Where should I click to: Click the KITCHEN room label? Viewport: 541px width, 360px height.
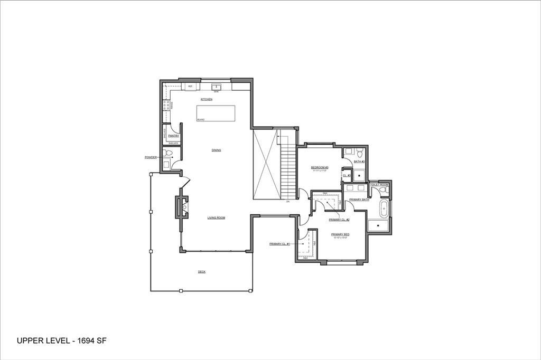pos(206,100)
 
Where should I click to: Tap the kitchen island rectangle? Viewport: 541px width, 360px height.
pos(216,113)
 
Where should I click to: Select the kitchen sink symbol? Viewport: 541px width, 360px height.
pos(216,87)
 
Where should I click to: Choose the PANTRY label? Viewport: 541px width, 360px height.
pos(174,136)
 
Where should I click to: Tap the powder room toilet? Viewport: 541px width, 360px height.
pos(167,154)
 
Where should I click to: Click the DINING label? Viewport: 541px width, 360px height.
pos(216,150)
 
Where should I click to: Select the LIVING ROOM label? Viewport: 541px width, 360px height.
pos(216,217)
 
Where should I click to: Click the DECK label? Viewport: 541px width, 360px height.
pos(201,272)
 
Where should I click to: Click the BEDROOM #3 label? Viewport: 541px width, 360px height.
pos(320,167)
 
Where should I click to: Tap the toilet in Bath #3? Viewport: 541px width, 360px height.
pos(360,154)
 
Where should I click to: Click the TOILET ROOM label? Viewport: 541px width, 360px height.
pos(379,185)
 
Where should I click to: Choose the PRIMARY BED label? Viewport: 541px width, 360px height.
pos(340,234)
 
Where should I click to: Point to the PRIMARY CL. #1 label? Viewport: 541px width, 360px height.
pos(279,244)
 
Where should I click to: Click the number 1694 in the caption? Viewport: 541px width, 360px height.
pos(87,341)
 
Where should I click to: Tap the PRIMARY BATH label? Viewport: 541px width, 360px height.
pos(359,200)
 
